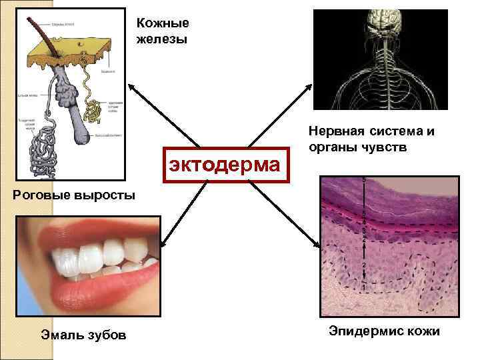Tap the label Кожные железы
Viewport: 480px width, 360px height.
click(x=163, y=31)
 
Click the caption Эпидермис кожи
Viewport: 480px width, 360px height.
click(x=384, y=331)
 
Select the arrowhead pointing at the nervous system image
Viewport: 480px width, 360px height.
click(x=309, y=87)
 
